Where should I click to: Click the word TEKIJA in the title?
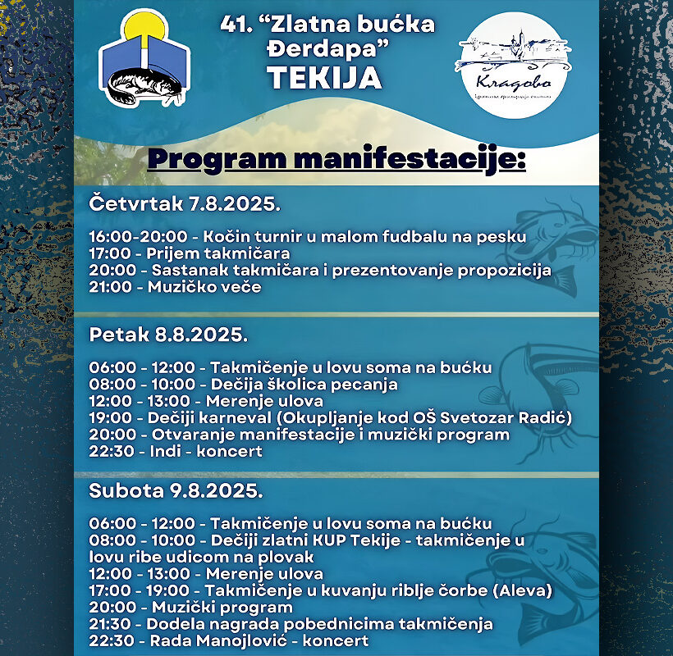(324, 78)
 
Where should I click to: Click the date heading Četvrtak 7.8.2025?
(185, 203)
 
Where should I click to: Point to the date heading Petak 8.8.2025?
(168, 335)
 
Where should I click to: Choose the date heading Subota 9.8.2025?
(176, 491)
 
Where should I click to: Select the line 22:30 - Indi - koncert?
(176, 451)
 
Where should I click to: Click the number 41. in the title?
(235, 25)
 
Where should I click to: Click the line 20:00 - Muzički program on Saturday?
(190, 607)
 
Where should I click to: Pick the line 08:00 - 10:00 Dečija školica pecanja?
(243, 384)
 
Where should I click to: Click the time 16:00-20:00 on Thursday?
(138, 237)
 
